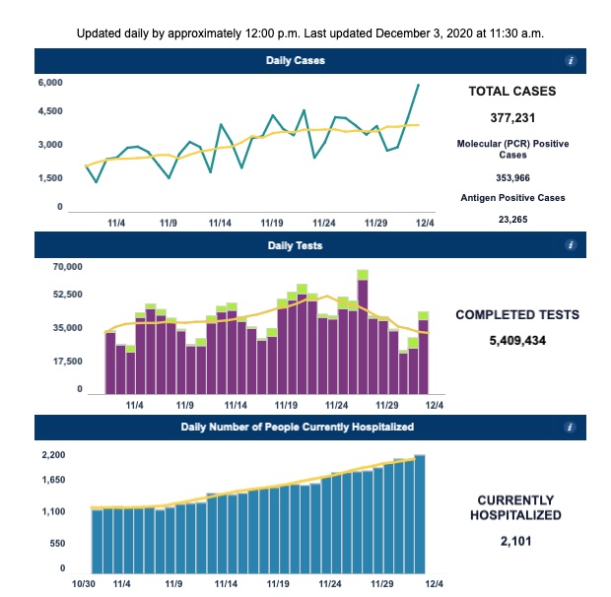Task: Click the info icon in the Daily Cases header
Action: coord(571,61)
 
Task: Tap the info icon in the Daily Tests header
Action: coord(571,244)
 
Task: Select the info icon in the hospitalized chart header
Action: coord(571,428)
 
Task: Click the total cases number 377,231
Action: coord(510,117)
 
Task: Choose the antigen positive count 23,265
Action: coord(510,219)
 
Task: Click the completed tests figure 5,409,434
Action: coord(517,341)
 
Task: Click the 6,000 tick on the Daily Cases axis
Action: coord(50,83)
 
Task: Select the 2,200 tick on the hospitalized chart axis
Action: coord(52,455)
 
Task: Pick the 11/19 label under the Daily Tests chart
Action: coord(287,404)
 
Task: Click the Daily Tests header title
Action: coord(295,244)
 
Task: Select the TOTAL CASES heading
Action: coord(510,92)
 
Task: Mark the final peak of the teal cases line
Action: coord(419,85)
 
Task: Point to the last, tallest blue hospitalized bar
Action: coord(419,512)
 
